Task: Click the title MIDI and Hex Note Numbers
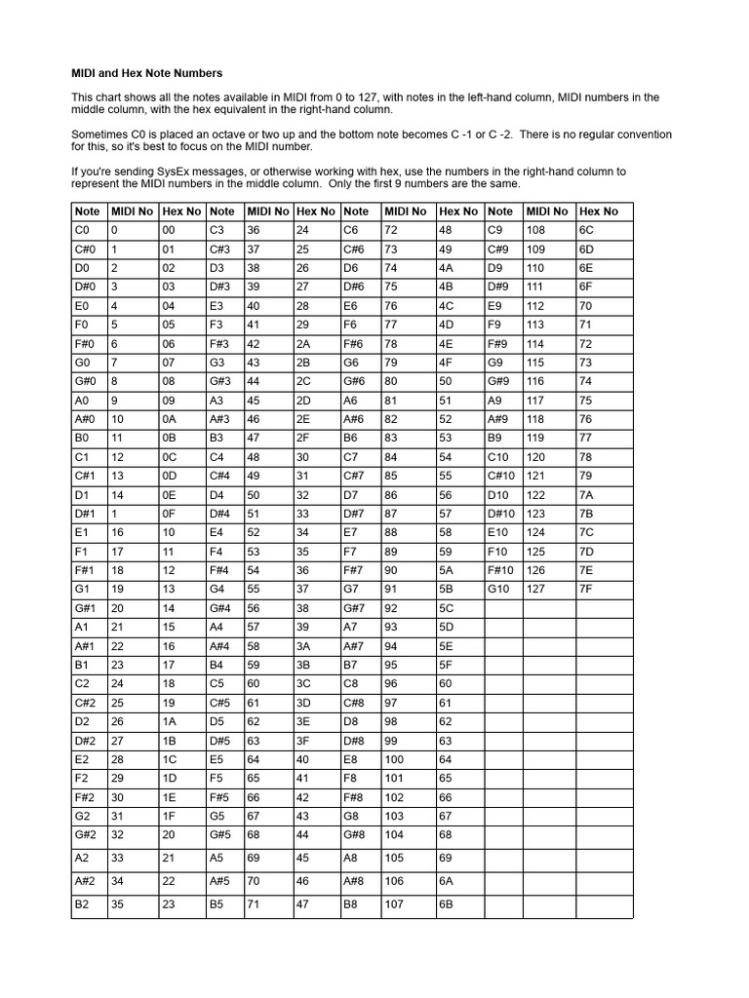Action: (x=147, y=73)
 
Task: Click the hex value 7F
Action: (x=586, y=588)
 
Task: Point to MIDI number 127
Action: (x=535, y=588)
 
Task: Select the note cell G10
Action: (x=499, y=588)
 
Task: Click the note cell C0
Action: (x=82, y=231)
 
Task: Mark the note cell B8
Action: (x=351, y=903)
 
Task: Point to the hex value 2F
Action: (x=302, y=438)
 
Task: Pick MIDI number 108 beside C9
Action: (x=535, y=231)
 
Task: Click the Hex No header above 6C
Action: (x=599, y=211)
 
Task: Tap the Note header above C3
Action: (x=222, y=211)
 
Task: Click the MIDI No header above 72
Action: (x=405, y=211)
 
